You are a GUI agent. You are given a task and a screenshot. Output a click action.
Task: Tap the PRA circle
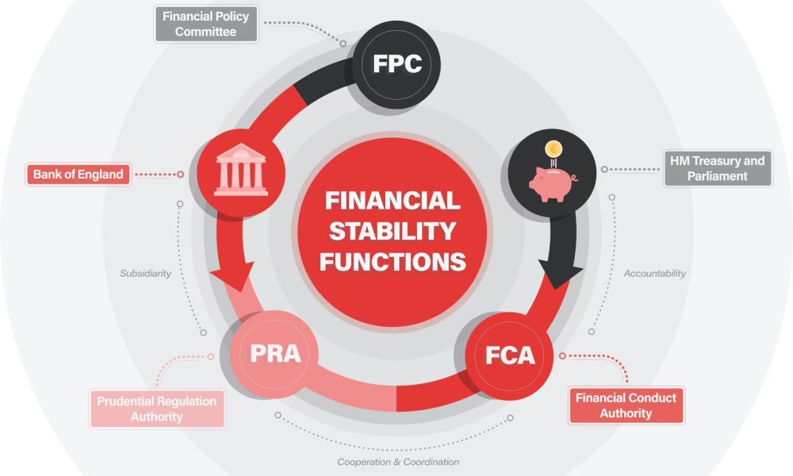click(275, 352)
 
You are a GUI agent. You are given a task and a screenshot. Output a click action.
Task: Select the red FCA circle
click(510, 355)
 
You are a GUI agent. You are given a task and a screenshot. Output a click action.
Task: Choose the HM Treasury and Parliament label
click(717, 169)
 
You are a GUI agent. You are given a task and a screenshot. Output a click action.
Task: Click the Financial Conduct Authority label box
click(626, 405)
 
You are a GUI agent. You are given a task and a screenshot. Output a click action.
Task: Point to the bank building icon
click(241, 170)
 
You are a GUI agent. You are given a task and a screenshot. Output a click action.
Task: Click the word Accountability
click(654, 273)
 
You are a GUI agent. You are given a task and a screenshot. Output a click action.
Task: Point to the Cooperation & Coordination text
click(398, 461)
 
